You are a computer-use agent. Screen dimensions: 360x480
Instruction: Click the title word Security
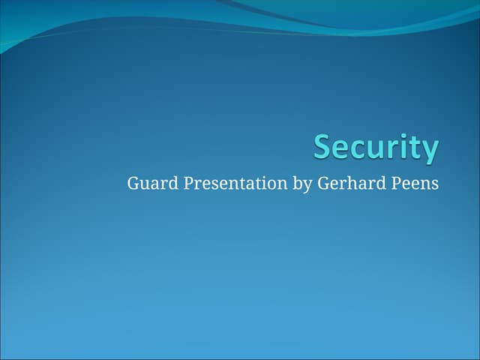coord(376,147)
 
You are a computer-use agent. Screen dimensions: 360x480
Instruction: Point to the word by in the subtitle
coord(301,184)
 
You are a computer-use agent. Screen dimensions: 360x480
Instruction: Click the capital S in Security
coord(322,146)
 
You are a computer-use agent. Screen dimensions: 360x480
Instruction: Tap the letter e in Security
coord(340,148)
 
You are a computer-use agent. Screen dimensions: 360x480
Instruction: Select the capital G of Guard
coord(133,184)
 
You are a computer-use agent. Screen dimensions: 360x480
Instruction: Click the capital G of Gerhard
coord(323,184)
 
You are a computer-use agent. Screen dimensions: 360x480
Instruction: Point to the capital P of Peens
coord(395,184)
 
